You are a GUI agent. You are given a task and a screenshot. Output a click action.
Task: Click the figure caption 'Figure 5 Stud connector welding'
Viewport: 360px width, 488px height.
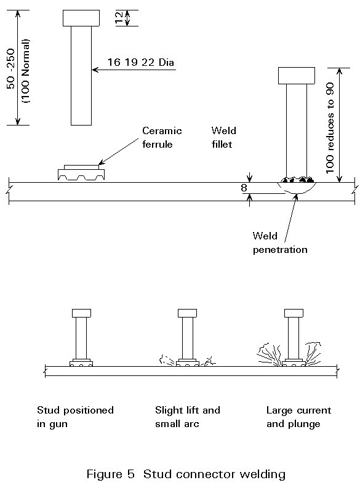[x=186, y=474]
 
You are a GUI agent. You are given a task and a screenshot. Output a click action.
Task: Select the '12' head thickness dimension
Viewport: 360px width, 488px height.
[x=119, y=18]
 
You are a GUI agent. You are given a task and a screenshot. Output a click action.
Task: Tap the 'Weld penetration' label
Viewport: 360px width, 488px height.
[x=280, y=243]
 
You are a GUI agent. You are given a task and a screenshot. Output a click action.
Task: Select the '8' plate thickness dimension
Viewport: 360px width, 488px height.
[x=244, y=188]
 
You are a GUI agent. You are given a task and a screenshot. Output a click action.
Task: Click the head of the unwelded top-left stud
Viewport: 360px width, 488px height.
[x=81, y=18]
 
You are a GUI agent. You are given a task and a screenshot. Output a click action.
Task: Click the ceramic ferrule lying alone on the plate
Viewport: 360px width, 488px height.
[x=81, y=172]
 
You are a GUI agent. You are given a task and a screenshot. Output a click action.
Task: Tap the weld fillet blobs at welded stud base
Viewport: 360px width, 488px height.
[x=297, y=180]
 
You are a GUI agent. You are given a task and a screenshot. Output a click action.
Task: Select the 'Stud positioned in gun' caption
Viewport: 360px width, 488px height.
[x=75, y=417]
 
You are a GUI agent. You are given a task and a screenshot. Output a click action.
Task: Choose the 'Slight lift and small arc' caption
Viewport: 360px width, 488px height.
[x=187, y=417]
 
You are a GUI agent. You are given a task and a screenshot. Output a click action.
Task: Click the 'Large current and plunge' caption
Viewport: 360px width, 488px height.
[x=298, y=417]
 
